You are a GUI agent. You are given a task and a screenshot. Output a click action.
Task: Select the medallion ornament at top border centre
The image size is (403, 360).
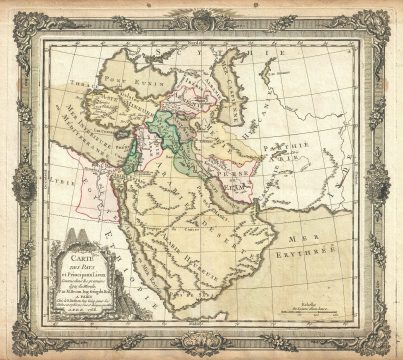pos(200,16)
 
